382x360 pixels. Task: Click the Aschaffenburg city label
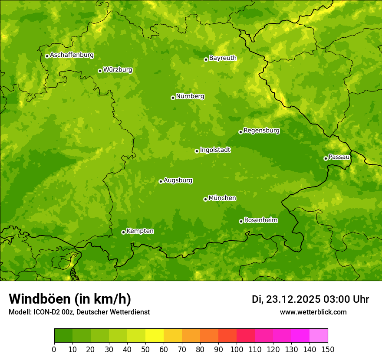[x=72, y=55]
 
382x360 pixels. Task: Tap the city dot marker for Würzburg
[x=100, y=71]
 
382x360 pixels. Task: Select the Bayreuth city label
[x=223, y=58]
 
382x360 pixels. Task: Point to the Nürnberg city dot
[x=173, y=98]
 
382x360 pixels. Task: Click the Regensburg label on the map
[x=261, y=131]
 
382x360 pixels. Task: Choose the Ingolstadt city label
[x=215, y=150]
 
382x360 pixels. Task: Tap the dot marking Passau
[x=326, y=158]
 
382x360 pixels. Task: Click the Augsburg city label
[x=178, y=180]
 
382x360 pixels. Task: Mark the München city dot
[x=205, y=199]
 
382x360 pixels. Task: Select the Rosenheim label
[x=260, y=220]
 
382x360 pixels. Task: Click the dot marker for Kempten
[x=123, y=232]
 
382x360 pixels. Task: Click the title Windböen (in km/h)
[x=70, y=299]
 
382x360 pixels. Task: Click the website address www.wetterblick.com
[x=313, y=312]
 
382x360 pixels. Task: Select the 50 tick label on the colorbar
[x=145, y=350]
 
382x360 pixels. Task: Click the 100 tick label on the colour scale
[x=237, y=350]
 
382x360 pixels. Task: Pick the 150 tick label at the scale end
[x=328, y=350]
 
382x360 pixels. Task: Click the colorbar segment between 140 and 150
[x=319, y=336]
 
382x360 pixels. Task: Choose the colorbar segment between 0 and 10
[x=63, y=336]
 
